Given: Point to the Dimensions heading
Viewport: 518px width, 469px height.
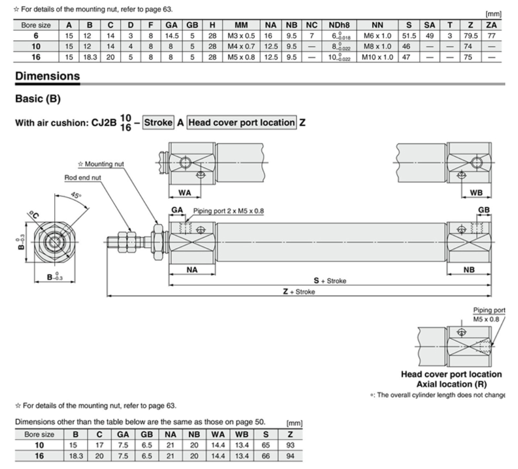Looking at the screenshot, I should (47, 76).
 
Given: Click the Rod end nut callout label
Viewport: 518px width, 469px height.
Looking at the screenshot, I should (83, 177).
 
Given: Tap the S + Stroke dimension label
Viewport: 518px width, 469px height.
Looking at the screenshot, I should (330, 281).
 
